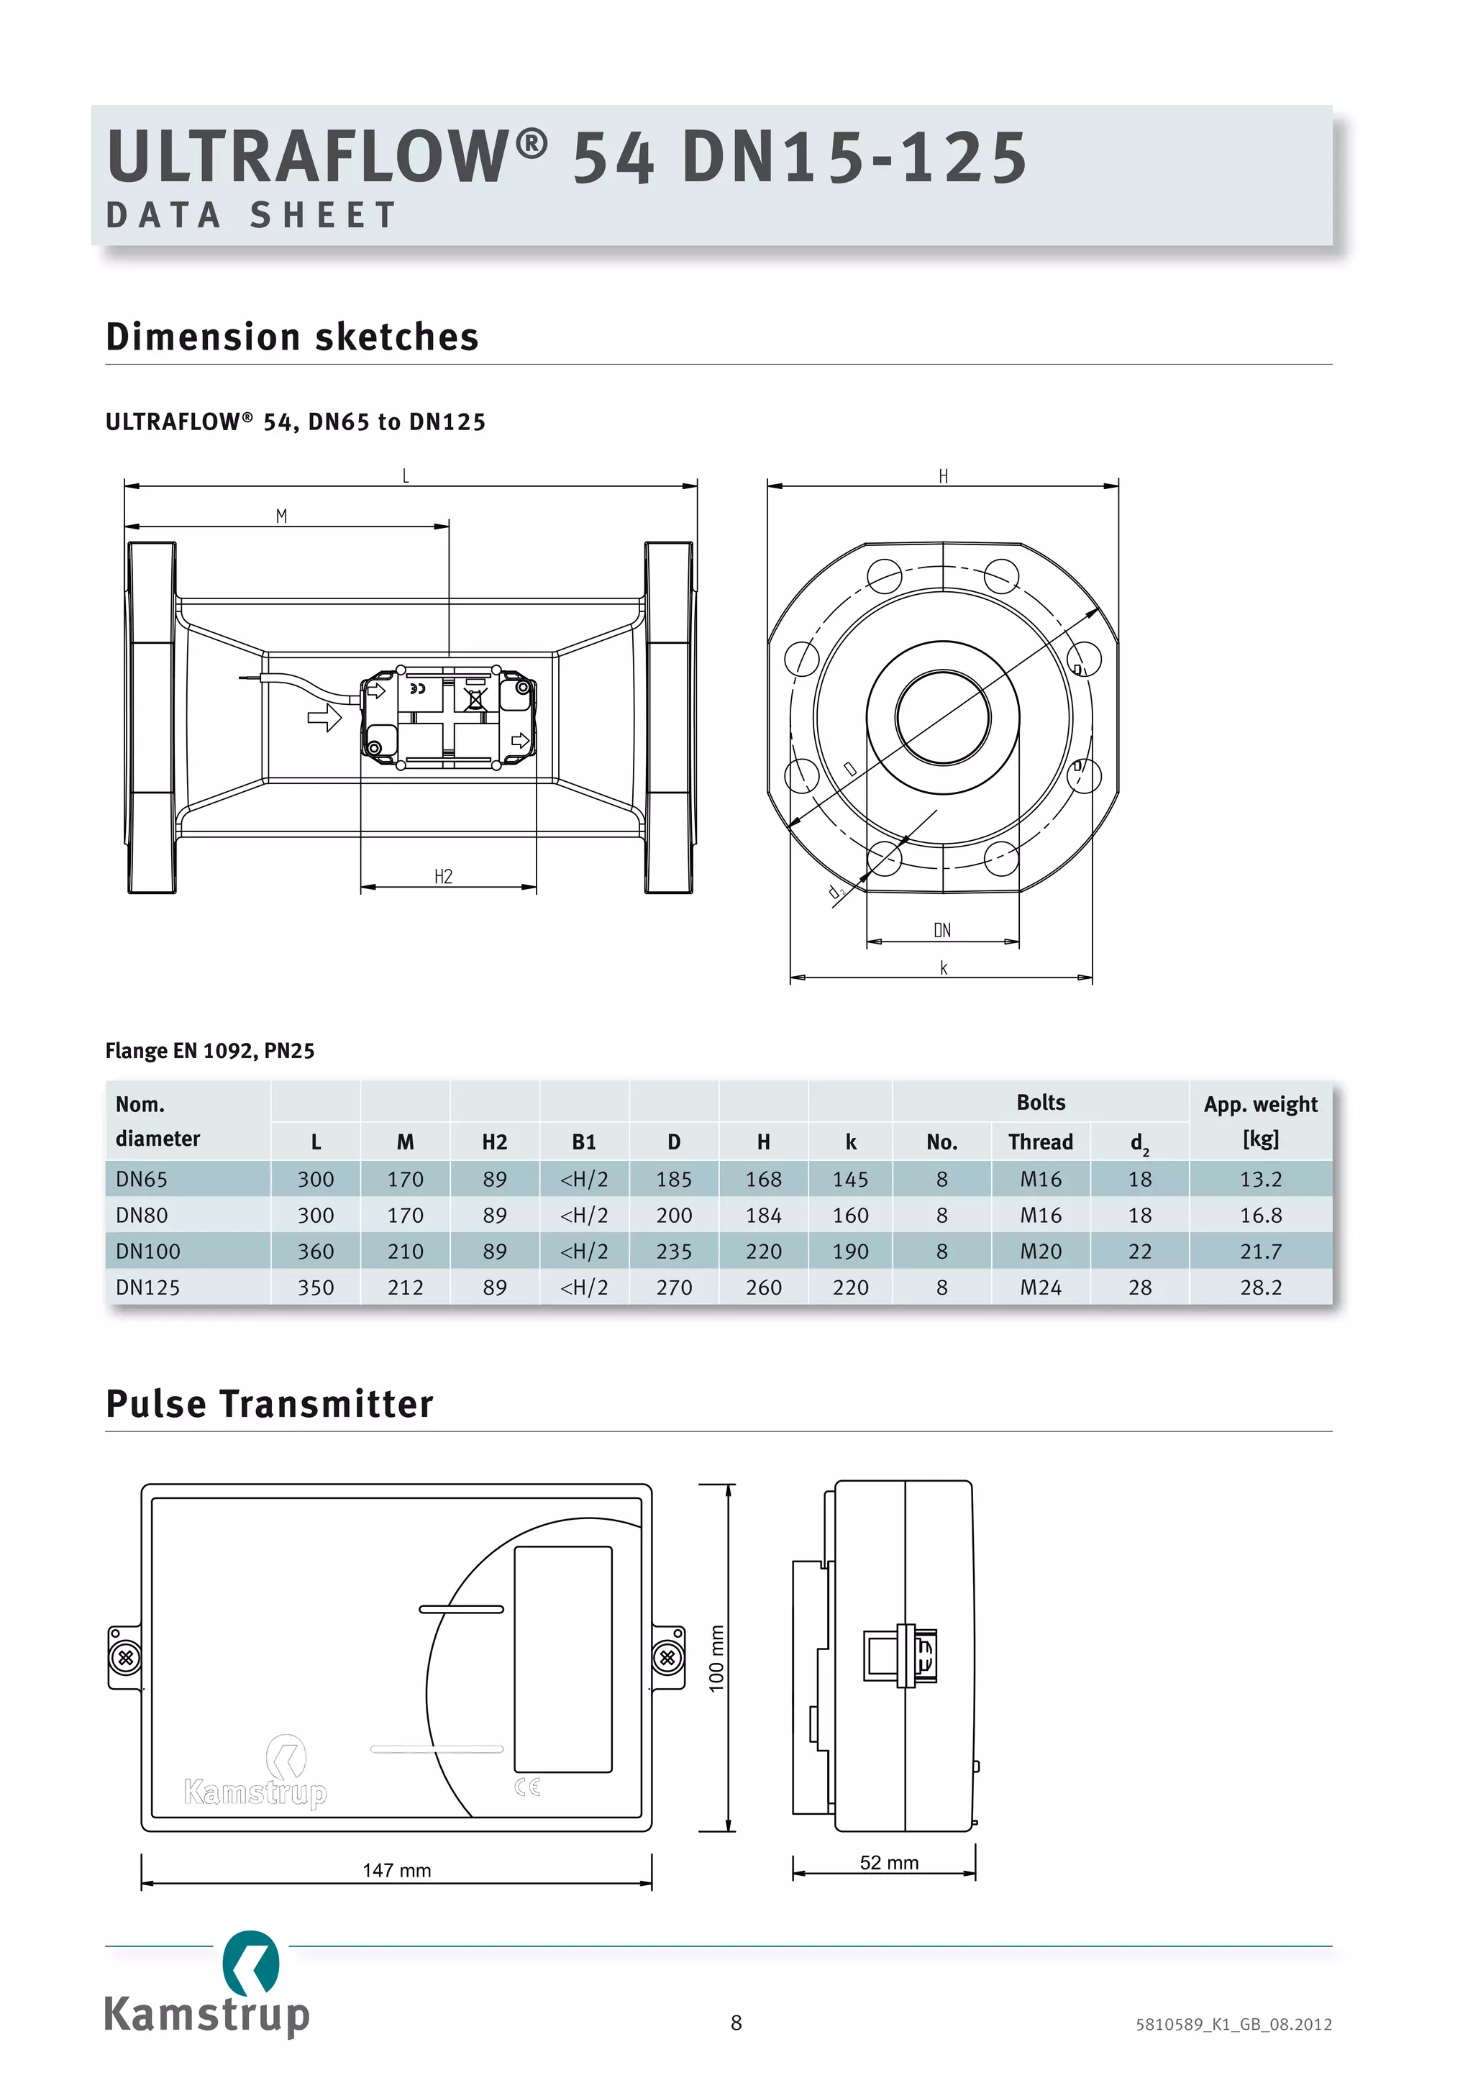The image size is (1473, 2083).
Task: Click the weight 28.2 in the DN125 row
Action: pos(1260,1287)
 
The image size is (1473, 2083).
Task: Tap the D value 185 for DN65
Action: pos(673,1180)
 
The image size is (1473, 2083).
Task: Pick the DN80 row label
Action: pos(142,1215)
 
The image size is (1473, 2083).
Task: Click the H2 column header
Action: pos(494,1141)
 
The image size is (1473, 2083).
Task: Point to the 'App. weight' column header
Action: pos(1260,1104)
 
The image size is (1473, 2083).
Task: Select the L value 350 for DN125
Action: pos(316,1287)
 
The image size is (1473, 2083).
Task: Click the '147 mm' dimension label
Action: pos(396,1870)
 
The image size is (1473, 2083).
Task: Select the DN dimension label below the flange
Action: pos(942,930)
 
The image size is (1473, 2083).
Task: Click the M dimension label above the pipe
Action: pos(281,516)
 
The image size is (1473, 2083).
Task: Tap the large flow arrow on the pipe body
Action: pos(324,719)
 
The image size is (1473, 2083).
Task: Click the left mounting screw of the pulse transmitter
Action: pos(125,1657)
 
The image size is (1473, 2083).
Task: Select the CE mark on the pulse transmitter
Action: pos(527,1787)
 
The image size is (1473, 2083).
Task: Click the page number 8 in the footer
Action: pos(736,2022)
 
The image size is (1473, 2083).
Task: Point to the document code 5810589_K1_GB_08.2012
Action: pos(1233,2024)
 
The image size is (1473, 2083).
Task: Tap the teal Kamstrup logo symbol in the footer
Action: pos(250,1964)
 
